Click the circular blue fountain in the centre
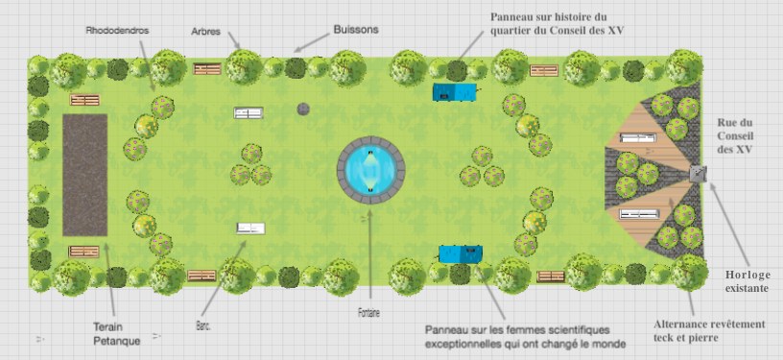[370, 170]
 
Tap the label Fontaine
[368, 314]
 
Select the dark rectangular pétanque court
[84, 175]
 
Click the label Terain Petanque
[116, 334]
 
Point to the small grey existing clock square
[699, 174]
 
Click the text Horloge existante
[747, 281]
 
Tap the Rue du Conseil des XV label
[735, 135]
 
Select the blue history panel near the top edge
[454, 92]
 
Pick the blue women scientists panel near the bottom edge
[461, 253]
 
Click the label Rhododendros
[117, 31]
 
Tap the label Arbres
[205, 32]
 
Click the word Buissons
[356, 30]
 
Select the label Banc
[203, 327]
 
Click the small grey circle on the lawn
[303, 108]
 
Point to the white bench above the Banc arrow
[250, 228]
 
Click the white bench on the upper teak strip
[638, 137]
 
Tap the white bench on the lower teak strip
[640, 214]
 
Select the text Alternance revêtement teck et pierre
[709, 331]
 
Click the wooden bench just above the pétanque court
[84, 100]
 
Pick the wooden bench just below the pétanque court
[83, 252]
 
